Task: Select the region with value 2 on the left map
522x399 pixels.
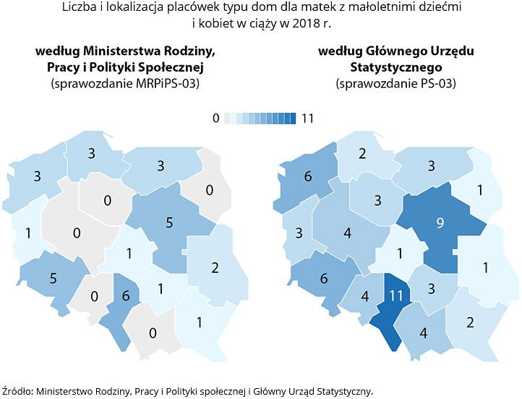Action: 215,267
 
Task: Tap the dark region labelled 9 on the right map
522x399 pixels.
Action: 439,223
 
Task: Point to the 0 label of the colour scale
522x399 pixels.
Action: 215,119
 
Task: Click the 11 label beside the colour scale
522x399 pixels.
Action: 307,119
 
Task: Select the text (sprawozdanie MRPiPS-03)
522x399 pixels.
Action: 124,83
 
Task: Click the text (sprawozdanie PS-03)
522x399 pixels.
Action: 395,83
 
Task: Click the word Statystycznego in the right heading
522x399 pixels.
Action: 395,67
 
